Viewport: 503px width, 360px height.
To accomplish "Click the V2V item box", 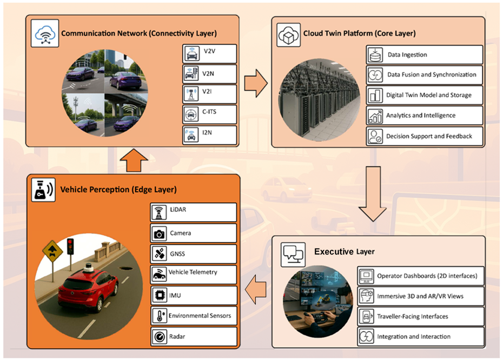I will pos(210,54).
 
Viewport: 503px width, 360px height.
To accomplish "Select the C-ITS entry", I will pos(210,115).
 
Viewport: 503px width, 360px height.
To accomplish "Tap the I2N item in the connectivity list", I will pos(210,135).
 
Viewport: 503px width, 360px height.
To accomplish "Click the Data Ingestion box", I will pos(424,55).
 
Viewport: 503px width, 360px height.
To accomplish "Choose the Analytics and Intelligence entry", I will pos(424,115).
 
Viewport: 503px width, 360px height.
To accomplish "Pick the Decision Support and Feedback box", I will pos(424,136).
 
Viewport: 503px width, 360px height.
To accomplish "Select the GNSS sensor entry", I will pos(193,254).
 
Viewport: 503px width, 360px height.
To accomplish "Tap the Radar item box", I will pos(193,336).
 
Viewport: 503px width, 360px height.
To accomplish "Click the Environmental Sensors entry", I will pos(193,316).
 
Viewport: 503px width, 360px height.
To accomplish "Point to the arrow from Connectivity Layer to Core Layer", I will pos(256,84).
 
